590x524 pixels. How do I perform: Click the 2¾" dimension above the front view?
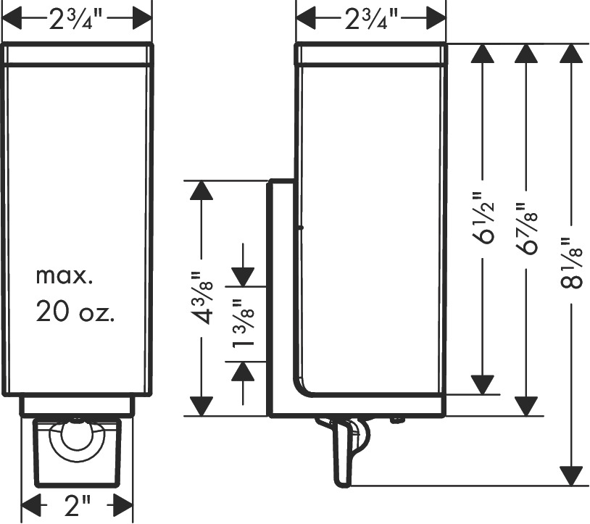point(76,20)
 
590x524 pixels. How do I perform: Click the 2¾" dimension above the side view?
point(371,20)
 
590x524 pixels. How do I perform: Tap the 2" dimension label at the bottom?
point(78,506)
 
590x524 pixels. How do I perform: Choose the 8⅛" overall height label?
point(572,263)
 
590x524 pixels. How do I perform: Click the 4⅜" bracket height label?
point(203,297)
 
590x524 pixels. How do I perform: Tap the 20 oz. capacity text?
point(75,312)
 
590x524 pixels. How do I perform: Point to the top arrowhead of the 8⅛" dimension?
point(572,54)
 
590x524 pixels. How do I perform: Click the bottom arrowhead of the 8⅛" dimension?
point(572,476)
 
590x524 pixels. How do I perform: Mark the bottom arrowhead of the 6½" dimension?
point(483,385)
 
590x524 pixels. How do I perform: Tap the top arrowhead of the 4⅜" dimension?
point(201,191)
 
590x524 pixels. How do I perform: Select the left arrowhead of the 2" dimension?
point(31,505)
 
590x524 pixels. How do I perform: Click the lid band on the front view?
point(78,54)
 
